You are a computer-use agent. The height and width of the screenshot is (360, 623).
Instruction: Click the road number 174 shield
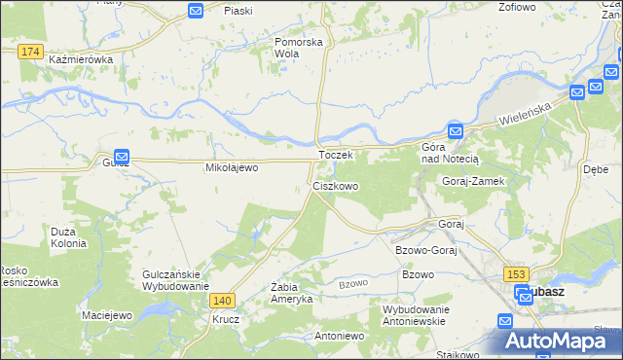30,51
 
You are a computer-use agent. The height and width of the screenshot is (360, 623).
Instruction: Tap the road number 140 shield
223,302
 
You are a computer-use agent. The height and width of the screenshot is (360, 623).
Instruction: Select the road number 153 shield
516,276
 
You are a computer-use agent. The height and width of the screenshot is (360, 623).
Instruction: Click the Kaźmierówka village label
82,60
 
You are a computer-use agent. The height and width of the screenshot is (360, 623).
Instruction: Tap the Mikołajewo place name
231,168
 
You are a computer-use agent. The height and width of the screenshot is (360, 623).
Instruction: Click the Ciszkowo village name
336,185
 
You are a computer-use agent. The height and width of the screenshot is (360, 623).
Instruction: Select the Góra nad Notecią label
445,152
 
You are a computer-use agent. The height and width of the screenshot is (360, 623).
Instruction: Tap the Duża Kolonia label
68,238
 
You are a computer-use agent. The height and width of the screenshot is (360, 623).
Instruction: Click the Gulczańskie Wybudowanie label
175,280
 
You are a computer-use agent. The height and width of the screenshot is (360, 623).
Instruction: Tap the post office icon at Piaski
195,11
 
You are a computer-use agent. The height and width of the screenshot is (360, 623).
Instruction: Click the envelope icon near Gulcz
122,156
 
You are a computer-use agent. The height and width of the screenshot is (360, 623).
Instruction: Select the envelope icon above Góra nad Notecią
455,131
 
